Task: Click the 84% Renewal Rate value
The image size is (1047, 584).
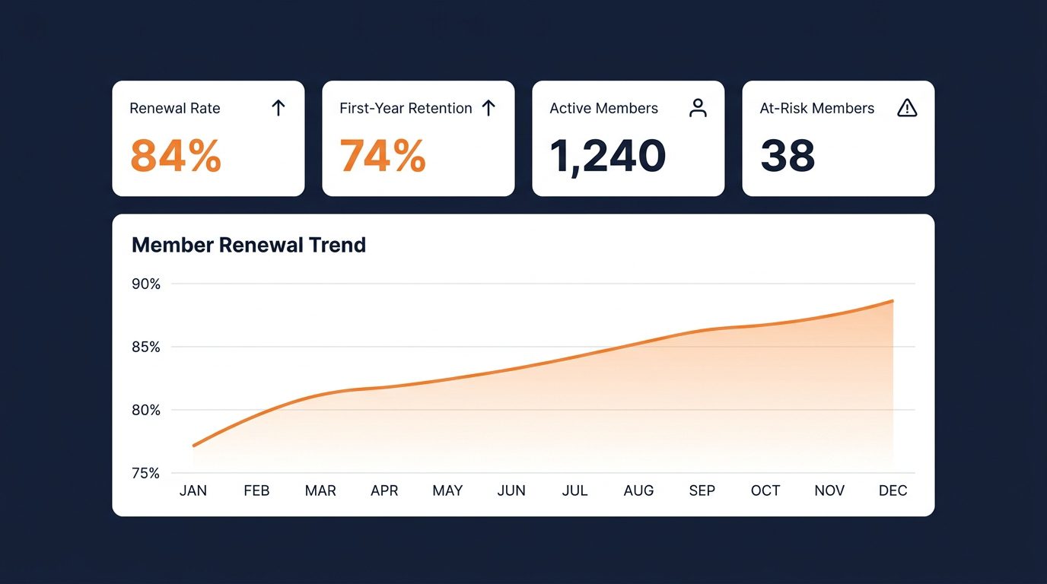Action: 176,155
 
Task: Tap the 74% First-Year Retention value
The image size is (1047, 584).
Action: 383,155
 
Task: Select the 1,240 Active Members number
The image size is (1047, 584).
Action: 607,155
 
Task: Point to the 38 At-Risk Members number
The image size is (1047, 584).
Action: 788,155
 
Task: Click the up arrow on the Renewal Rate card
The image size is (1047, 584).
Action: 278,108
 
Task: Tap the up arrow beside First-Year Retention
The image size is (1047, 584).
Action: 488,108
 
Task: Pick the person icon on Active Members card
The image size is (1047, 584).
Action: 698,108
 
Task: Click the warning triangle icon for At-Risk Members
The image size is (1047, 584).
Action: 907,108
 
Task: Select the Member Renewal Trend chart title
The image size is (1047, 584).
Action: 249,245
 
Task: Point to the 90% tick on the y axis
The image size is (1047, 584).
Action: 146,284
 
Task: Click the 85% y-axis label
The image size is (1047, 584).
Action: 146,348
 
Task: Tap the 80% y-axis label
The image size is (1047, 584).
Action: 146,411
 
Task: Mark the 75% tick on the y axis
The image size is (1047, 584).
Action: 146,473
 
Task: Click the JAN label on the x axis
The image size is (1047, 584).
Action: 193,490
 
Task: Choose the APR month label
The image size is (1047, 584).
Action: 384,490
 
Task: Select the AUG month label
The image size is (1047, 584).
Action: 638,490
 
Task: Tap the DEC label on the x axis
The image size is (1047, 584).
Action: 893,490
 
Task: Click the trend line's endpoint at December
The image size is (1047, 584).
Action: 893,301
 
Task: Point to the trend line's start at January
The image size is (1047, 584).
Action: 194,446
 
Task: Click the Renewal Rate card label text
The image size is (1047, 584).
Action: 175,109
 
